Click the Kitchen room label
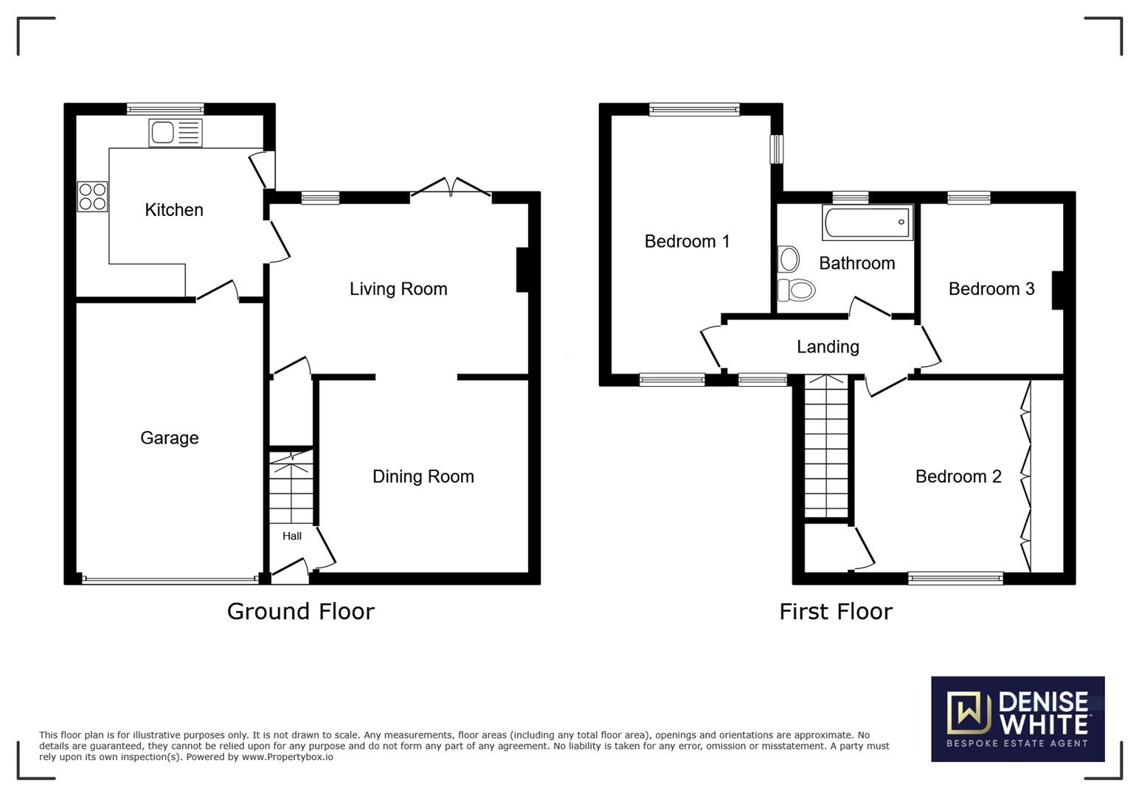pos(174,210)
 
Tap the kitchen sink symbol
pos(176,133)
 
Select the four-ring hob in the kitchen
pos(92,197)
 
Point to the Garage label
pos(170,438)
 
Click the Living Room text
pos(398,289)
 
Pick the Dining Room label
pos(423,476)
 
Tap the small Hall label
pos(292,536)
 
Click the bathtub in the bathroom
pos(868,222)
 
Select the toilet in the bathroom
pos(796,290)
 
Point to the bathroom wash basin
pos(788,259)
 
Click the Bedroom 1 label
pos(687,241)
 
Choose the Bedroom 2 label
pos(958,476)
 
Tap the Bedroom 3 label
pos(991,289)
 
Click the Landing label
pos(828,347)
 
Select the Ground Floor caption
pos(300,612)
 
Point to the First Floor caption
pos(836,612)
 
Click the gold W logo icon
pos(969,713)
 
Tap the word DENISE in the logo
pos(1043,702)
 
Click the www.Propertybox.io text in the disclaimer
pos(287,757)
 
